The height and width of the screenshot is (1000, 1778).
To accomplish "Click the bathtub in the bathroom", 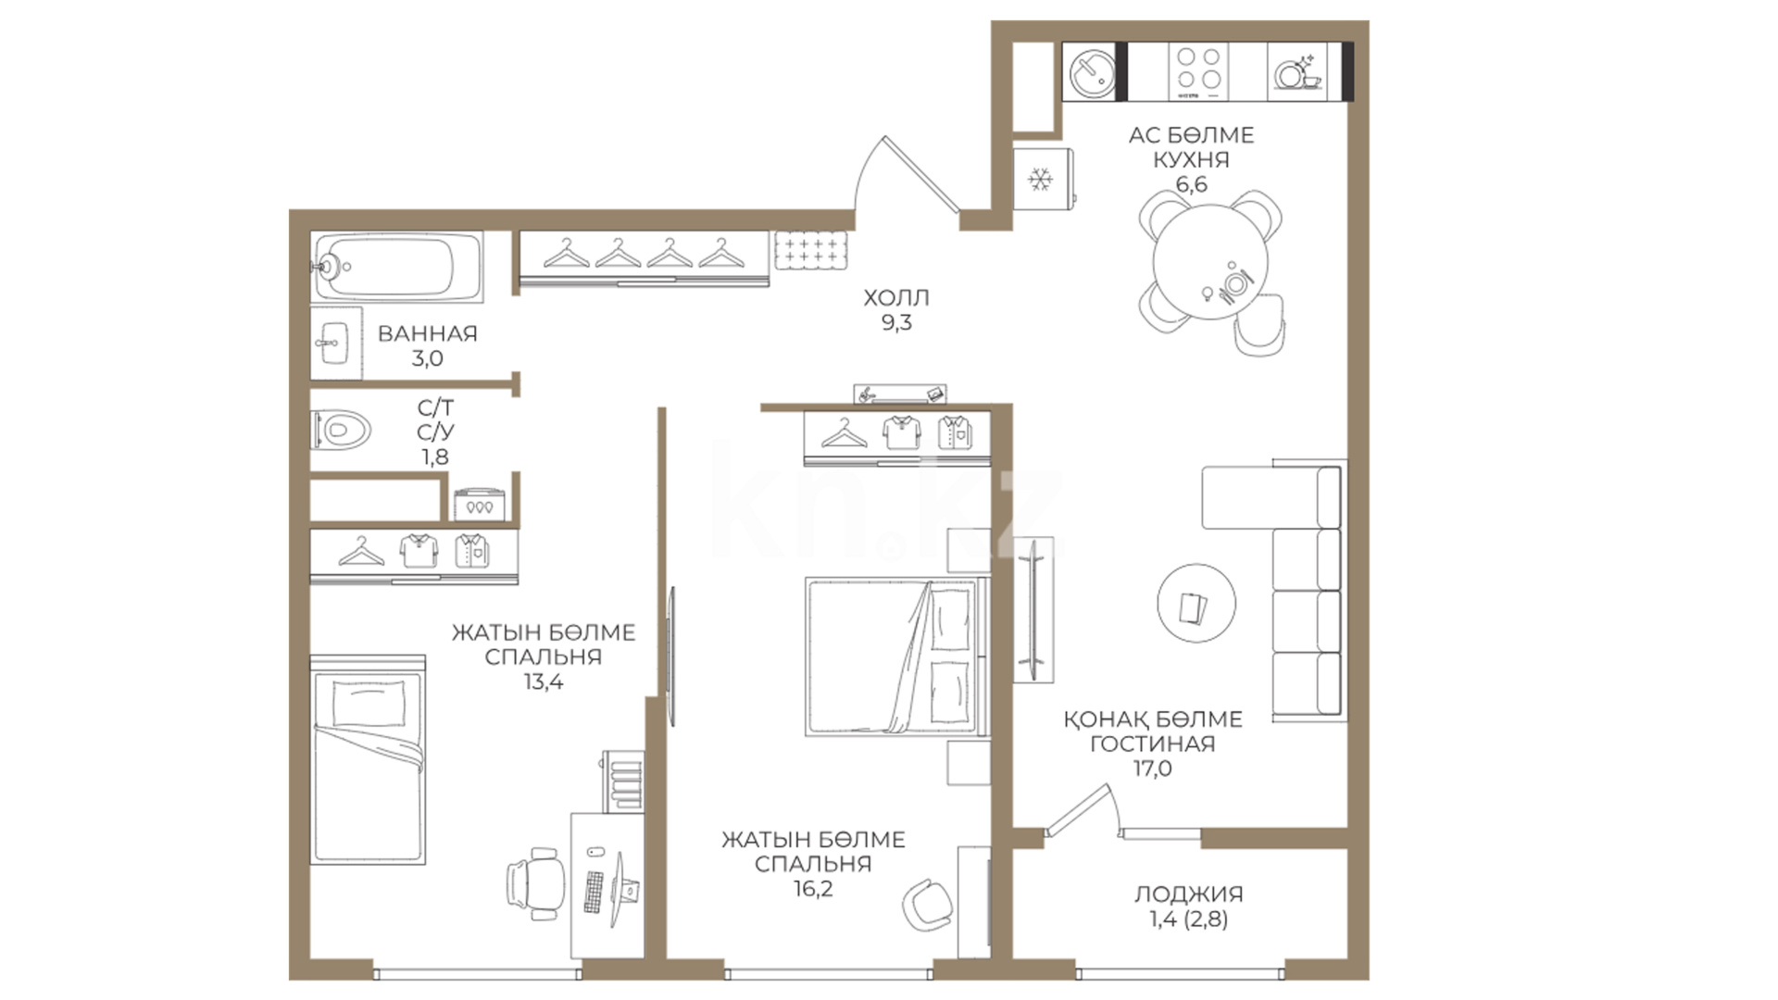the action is point(397,267).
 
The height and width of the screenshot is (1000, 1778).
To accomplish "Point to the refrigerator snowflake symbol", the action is point(1041,180).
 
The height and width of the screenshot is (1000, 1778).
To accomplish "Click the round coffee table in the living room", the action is point(1196,603).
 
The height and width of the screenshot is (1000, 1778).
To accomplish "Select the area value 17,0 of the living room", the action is point(1152,768).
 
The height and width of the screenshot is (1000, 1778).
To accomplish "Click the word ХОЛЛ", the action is point(895,298).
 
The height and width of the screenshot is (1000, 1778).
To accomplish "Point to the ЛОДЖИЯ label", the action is point(1188,894).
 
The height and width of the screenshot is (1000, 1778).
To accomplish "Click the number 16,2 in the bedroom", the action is point(813,889).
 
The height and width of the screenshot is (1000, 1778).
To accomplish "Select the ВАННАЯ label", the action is point(427,333).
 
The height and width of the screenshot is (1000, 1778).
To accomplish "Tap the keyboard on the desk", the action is point(594,891).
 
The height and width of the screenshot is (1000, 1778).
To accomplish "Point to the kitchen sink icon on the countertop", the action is point(1092,71).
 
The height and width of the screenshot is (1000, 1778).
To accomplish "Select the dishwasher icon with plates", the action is point(1297,71).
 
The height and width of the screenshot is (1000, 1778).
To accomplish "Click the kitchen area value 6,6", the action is point(1191,184).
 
